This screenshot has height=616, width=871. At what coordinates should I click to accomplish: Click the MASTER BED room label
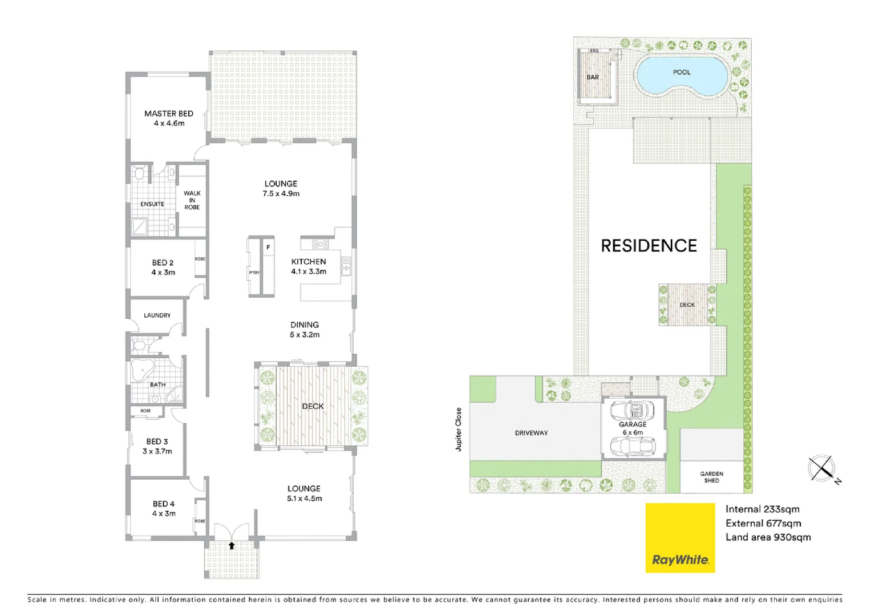click(x=168, y=114)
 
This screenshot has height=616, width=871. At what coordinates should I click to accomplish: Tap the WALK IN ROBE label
click(x=192, y=200)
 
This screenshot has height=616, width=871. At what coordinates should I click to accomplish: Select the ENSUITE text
click(x=152, y=204)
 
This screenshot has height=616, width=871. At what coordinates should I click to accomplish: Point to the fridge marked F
click(x=268, y=248)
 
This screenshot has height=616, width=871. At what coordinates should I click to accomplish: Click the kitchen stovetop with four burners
click(x=320, y=244)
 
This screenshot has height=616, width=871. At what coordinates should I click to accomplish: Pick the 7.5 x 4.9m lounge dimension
click(x=281, y=194)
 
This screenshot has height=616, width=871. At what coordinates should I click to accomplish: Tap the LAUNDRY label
click(x=157, y=315)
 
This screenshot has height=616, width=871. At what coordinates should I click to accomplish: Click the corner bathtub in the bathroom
click(x=141, y=370)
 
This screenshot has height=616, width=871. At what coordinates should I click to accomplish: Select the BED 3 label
click(x=157, y=441)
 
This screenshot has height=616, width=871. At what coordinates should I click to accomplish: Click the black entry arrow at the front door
click(x=232, y=546)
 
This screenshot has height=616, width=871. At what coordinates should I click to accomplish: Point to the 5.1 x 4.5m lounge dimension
click(x=304, y=499)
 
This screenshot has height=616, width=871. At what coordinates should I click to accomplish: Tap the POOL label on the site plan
click(x=682, y=72)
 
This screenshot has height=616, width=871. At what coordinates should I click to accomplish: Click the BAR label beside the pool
click(x=593, y=78)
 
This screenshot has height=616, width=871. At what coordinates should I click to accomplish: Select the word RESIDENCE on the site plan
click(x=649, y=246)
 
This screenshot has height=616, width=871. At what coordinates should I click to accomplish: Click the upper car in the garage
click(x=632, y=410)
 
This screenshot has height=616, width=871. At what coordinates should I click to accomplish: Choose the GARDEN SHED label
click(x=711, y=477)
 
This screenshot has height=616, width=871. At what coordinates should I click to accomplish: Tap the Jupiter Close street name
click(x=459, y=429)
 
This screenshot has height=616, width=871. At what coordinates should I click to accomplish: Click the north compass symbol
click(x=822, y=469)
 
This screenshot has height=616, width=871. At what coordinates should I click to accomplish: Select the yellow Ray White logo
click(x=680, y=537)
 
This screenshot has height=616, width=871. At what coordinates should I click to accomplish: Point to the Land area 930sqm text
click(x=768, y=537)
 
